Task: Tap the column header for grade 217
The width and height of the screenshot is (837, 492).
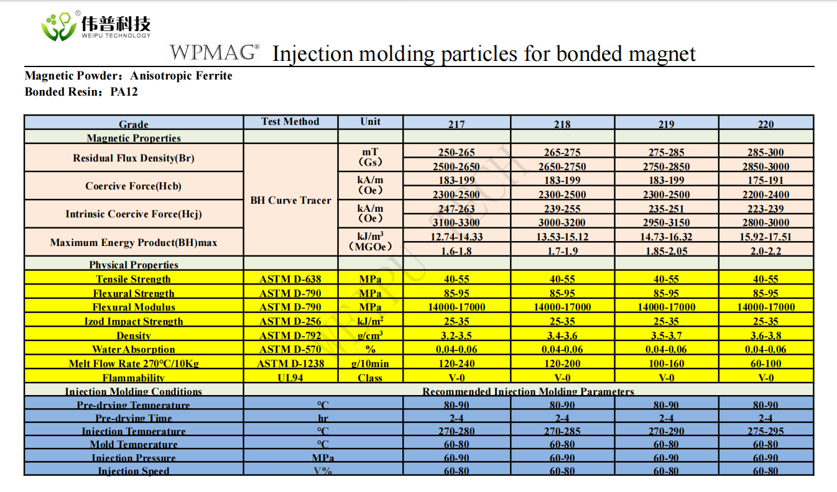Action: click(456, 124)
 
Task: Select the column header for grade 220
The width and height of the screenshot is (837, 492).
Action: click(765, 124)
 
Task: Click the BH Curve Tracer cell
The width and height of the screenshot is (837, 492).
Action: click(290, 200)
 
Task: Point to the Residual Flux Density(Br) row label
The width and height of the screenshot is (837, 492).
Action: click(134, 158)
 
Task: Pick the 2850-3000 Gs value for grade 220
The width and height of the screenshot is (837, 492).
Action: click(765, 166)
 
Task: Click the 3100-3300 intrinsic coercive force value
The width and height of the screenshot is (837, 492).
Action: click(456, 222)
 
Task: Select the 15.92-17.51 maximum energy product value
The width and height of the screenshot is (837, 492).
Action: click(765, 237)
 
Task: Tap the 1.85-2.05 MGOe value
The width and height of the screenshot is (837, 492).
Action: click(666, 251)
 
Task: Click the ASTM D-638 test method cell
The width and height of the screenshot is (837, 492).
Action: click(290, 279)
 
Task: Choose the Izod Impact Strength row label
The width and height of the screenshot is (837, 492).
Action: click(134, 321)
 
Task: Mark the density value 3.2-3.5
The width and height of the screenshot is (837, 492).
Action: click(456, 335)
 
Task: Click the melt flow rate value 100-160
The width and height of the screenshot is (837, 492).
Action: click(666, 363)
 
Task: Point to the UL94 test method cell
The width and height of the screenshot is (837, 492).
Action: click(290, 378)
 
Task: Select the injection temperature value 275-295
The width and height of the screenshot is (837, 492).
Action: click(765, 431)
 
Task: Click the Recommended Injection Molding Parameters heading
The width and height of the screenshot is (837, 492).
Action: click(528, 391)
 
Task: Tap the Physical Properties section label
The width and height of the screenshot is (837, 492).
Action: click(134, 265)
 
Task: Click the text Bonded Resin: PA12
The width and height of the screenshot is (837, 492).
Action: click(81, 92)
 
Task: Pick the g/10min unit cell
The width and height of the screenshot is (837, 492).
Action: click(370, 363)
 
